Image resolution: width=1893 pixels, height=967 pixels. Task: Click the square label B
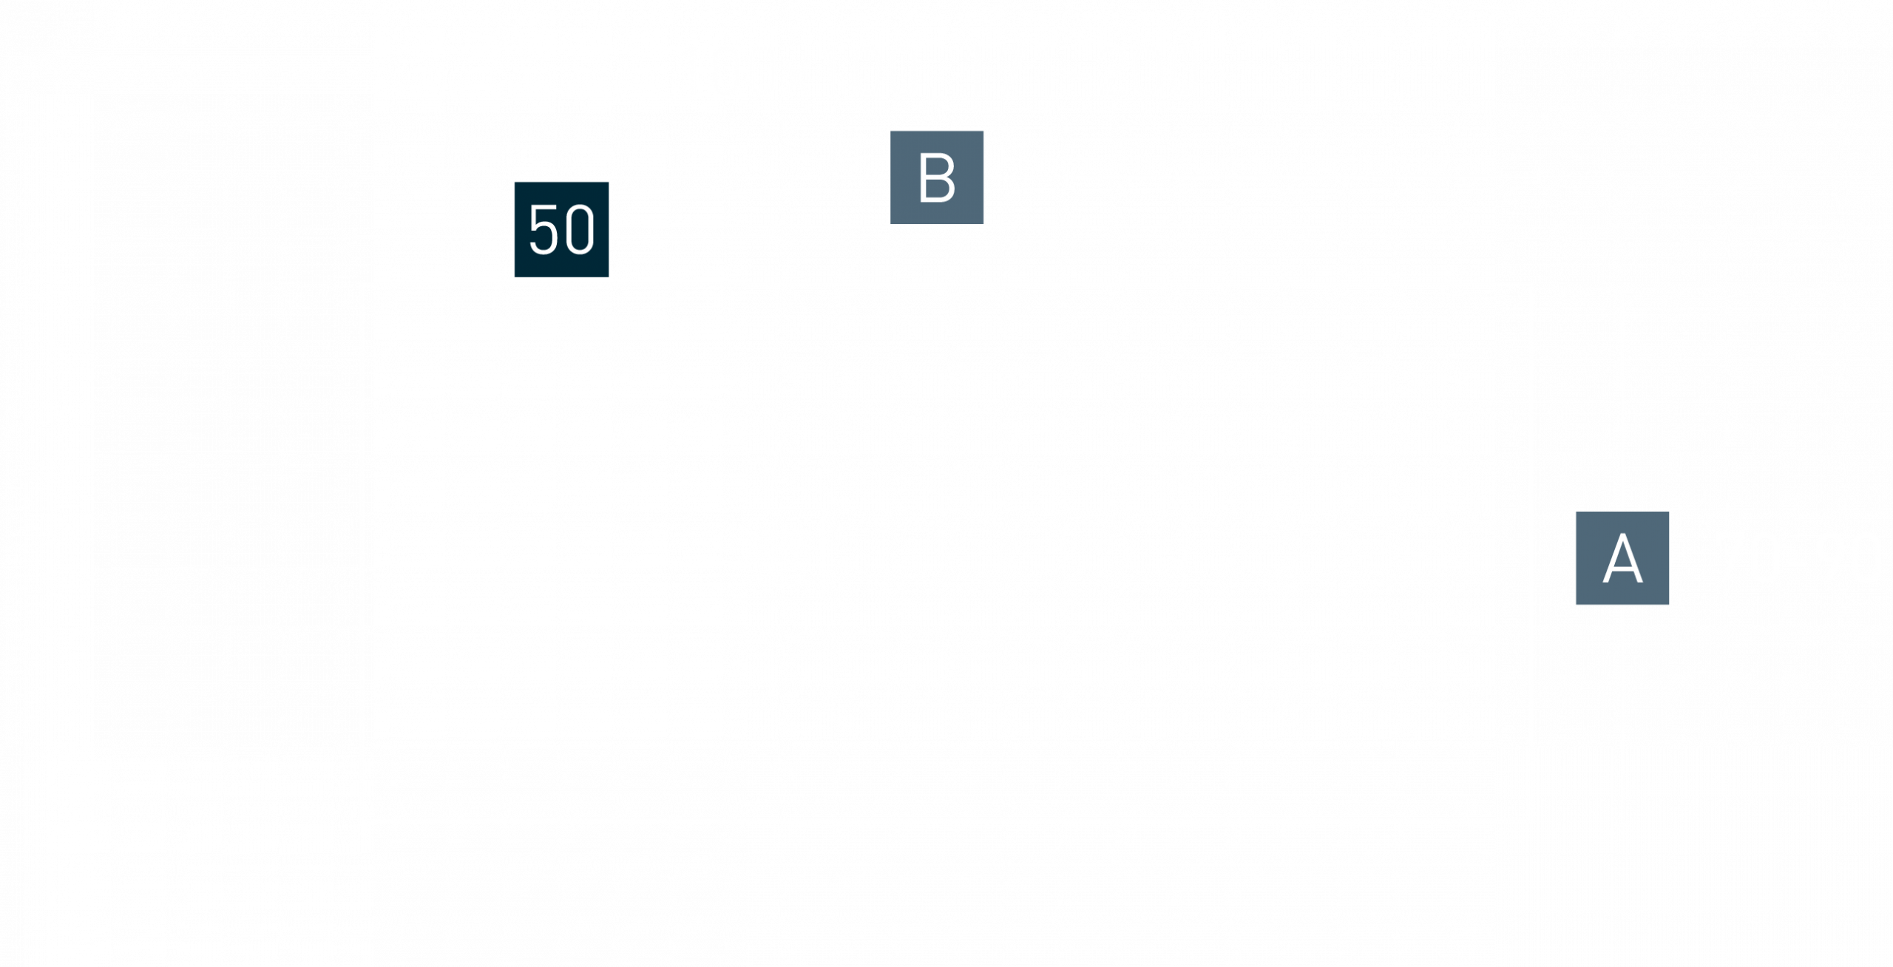[x=936, y=177]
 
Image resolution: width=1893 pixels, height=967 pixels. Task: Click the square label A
[x=1622, y=558]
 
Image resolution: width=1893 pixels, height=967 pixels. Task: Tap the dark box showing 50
[x=562, y=229]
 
